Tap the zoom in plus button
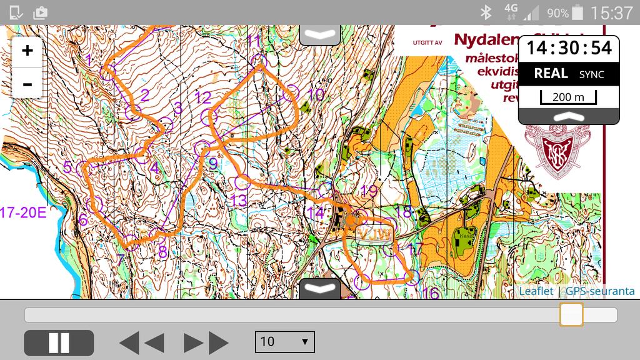[x=27, y=51]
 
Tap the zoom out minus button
[x=27, y=84]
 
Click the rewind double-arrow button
[x=142, y=343]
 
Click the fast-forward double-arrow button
[x=206, y=343]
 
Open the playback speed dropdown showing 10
[x=284, y=341]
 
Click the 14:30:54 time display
[x=569, y=47]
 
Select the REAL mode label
[x=551, y=74]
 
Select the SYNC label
[x=591, y=74]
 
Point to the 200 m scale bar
[x=569, y=97]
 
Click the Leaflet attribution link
[x=536, y=291]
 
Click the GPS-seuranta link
[x=600, y=291]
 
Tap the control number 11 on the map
[x=253, y=41]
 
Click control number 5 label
[x=68, y=167]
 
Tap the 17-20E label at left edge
[x=23, y=212]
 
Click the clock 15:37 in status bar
[x=611, y=12]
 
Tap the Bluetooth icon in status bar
[x=486, y=12]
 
